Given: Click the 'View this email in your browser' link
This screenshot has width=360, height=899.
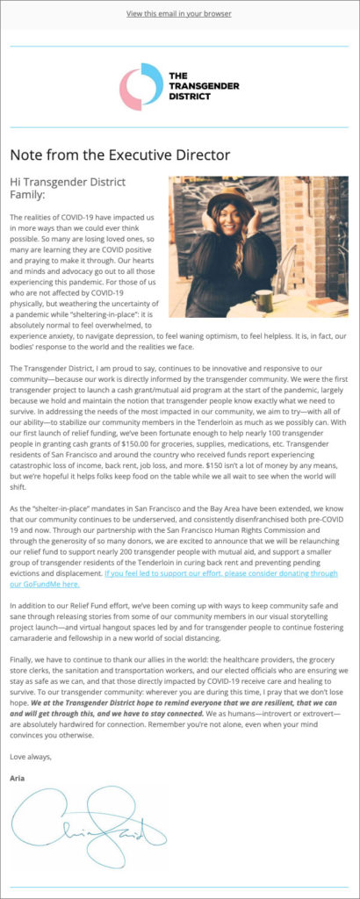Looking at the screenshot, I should point(179,14).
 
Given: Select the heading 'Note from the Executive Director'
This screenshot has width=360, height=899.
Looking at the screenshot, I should point(119,155).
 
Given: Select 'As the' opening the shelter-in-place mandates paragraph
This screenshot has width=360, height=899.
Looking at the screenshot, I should point(20,507).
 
